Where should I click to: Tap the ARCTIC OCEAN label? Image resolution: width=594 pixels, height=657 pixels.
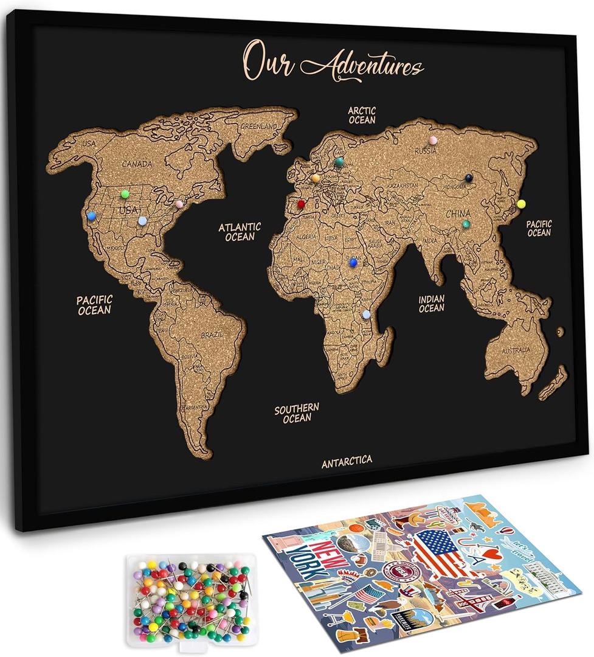click(362, 115)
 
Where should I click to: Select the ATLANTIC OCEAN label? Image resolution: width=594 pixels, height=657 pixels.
click(240, 231)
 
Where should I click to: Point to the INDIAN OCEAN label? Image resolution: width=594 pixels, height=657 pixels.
click(431, 304)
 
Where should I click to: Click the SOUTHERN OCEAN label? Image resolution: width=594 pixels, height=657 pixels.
click(297, 412)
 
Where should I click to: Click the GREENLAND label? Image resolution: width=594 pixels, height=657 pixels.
click(258, 127)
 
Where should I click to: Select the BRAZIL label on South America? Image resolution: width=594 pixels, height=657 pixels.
click(213, 335)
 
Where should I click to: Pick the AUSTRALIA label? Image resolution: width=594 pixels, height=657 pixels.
click(516, 350)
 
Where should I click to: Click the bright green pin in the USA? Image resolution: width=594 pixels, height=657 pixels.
click(125, 193)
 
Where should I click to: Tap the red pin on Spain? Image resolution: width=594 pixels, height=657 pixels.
click(301, 204)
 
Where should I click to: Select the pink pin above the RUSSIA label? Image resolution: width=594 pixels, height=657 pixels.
click(432, 141)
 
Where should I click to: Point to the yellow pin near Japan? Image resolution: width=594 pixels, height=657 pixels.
click(521, 204)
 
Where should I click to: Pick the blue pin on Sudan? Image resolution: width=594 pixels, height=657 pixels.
click(353, 262)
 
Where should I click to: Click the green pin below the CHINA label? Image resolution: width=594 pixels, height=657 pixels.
click(466, 224)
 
